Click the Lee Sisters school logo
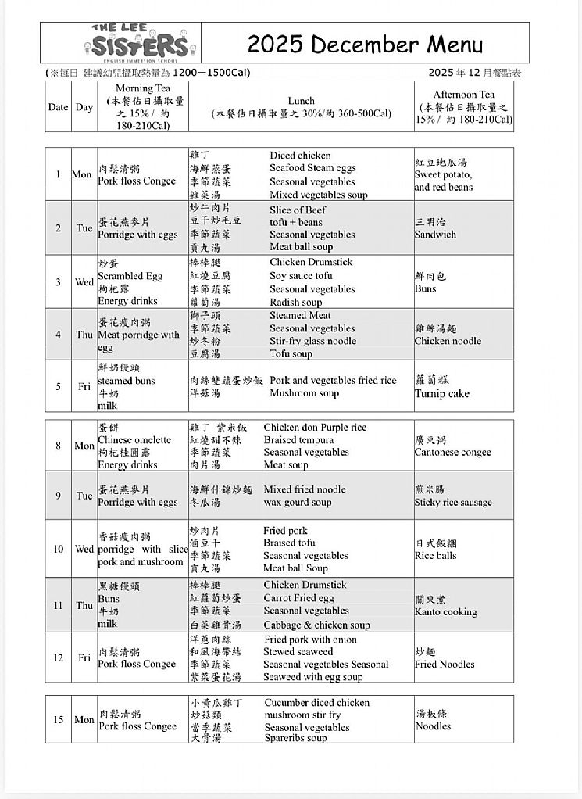140,44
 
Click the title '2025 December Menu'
365,44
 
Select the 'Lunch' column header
302,101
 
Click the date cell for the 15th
58,720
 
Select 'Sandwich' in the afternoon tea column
435,235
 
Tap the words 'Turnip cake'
442,394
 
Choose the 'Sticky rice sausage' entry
453,503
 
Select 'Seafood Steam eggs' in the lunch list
312,168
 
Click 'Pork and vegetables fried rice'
333,381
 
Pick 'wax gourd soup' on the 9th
297,503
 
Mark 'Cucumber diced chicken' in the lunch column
316,703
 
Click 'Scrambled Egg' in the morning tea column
130,276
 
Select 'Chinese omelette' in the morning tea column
134,440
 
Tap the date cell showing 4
58,335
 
